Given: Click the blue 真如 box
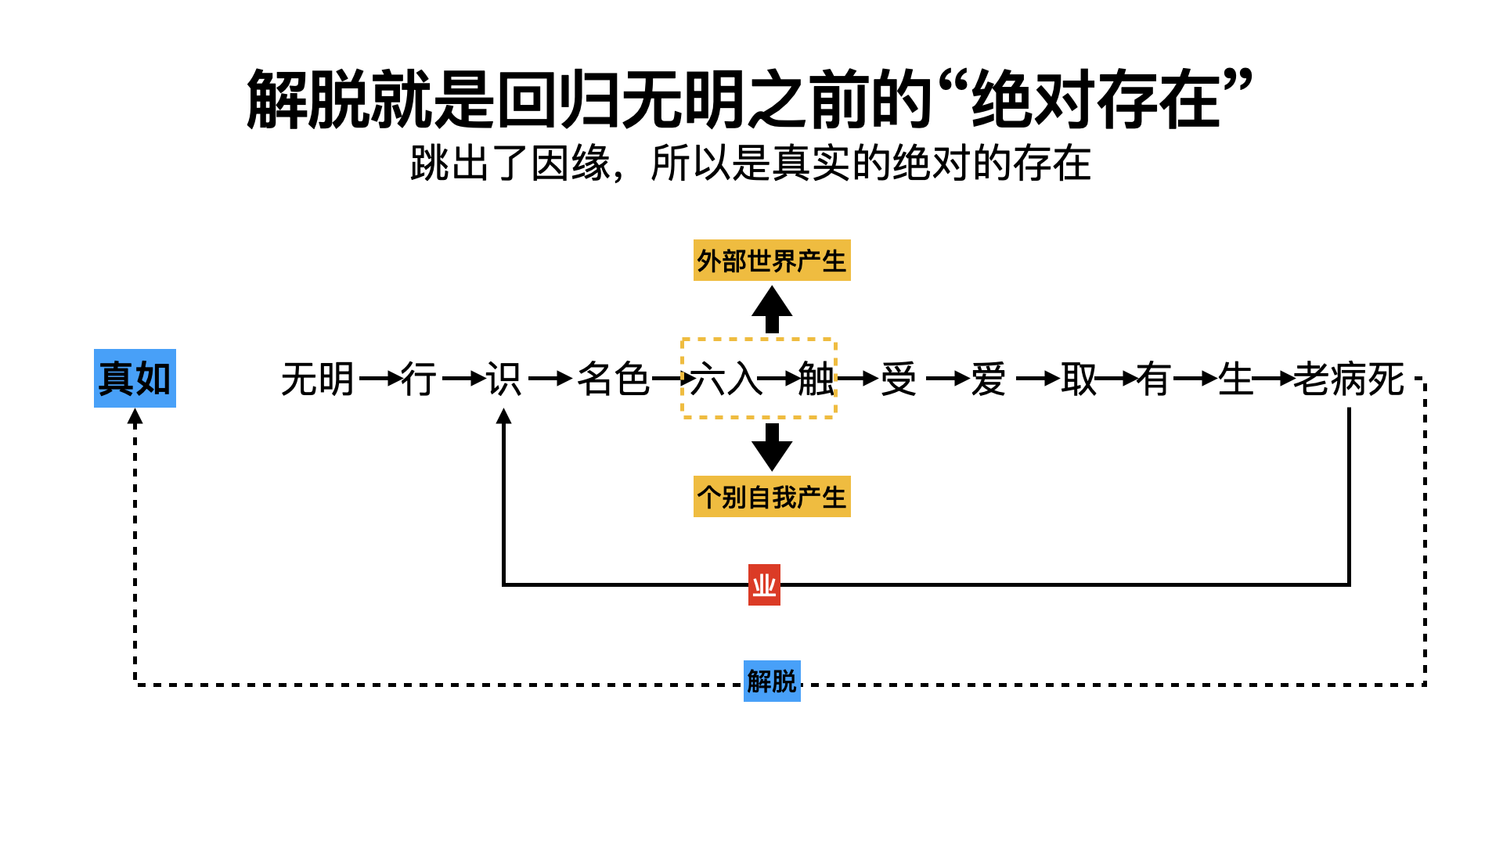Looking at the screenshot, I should (x=135, y=378).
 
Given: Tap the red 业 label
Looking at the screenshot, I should (x=764, y=584).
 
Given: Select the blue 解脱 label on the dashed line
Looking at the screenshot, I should (x=772, y=681).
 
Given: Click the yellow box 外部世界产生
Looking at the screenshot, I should (x=772, y=261).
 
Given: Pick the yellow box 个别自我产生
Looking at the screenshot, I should (x=772, y=497).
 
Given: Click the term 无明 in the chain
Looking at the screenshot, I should (x=318, y=379).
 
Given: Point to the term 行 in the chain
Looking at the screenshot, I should (x=419, y=379).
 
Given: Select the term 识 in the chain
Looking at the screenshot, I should (x=503, y=379).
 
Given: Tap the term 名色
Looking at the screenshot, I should (x=613, y=379).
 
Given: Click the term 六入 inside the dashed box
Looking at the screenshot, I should (x=725, y=379).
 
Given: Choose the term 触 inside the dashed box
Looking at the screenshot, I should (x=816, y=379).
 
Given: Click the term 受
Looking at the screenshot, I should (x=899, y=379).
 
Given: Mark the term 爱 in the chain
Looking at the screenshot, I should (x=989, y=379).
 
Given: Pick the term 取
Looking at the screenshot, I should (x=1079, y=379).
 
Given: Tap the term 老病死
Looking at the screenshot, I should (x=1349, y=379).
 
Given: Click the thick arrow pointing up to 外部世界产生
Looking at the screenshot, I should (x=772, y=309).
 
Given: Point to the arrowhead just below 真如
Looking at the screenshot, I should (x=135, y=417).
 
